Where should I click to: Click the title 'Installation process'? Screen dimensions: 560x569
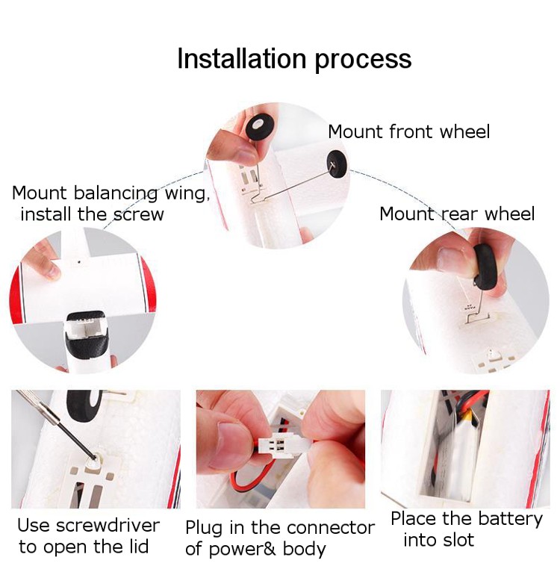click(x=294, y=59)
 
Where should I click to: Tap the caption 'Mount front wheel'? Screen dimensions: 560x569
click(x=408, y=131)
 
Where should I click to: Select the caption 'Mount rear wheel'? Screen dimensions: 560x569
click(x=457, y=214)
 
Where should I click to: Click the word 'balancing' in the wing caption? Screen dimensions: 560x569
click(x=116, y=193)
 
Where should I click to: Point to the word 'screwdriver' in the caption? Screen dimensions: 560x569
click(x=108, y=525)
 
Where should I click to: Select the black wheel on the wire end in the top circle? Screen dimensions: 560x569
click(x=337, y=164)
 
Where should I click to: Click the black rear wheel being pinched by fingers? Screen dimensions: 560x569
click(x=485, y=267)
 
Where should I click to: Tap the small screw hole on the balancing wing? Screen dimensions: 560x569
click(x=79, y=261)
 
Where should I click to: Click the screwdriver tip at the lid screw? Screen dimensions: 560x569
click(x=94, y=457)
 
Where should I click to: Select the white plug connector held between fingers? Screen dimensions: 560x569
click(x=280, y=444)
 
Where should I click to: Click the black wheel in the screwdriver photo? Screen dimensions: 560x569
click(x=84, y=405)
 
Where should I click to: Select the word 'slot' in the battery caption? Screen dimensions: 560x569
click(x=458, y=540)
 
